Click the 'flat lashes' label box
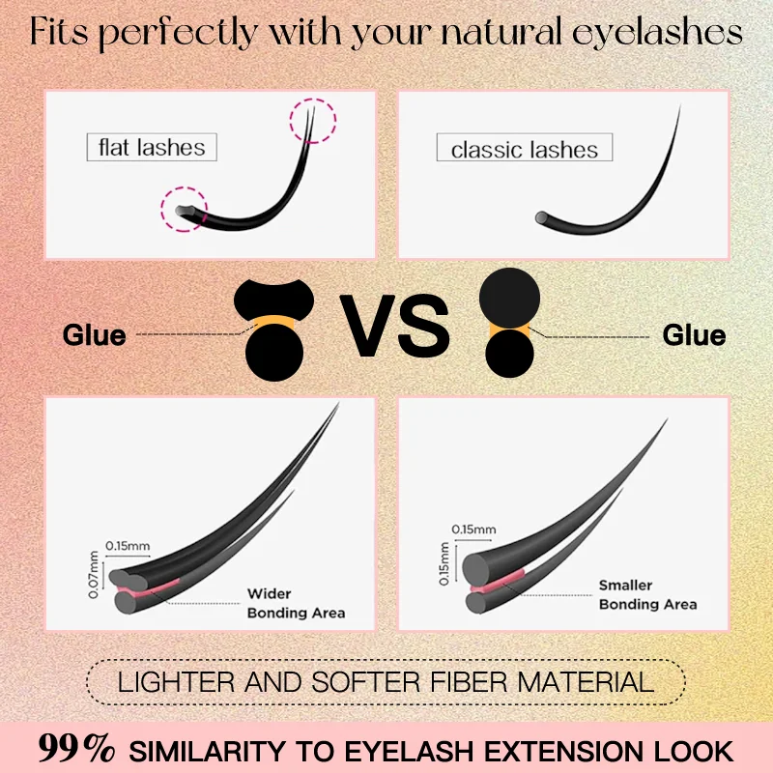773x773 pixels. tap(152, 148)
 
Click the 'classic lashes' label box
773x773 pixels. tap(525, 150)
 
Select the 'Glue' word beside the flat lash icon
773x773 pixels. tap(94, 335)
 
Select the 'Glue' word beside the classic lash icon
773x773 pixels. tap(694, 335)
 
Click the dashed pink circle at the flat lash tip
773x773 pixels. tap(312, 122)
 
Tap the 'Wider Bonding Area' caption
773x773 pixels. tap(295, 603)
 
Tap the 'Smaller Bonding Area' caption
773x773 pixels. tap(646, 595)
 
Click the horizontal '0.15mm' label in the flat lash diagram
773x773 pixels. tap(129, 547)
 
